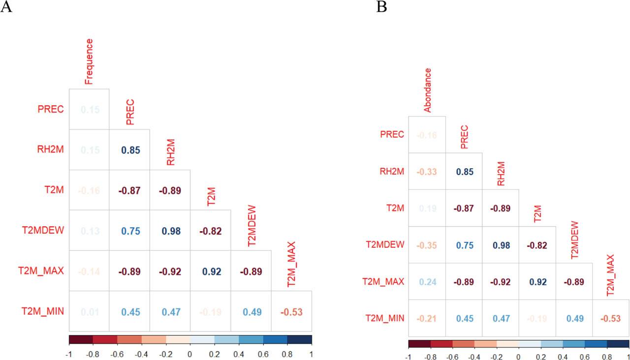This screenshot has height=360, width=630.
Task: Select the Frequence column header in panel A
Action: coord(89,61)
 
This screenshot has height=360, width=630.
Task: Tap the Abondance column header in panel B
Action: coord(428,90)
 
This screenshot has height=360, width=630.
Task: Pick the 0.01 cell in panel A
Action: coord(89,311)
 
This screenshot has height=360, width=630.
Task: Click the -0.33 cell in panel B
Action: coord(427,172)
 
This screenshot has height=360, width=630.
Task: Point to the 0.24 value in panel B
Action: coord(427,282)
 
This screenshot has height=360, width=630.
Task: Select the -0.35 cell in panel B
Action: coord(427,245)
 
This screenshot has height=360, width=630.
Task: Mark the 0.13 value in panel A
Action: coord(89,230)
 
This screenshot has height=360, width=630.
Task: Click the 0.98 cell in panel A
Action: coord(170,230)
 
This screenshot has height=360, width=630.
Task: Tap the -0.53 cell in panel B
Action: coord(611,318)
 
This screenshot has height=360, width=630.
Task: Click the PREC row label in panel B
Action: coord(392,134)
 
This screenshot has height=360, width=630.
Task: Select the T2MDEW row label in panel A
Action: coord(43,230)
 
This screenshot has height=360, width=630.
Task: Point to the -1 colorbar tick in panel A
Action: coord(69,353)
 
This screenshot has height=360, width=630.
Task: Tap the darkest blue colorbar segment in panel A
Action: coord(300,339)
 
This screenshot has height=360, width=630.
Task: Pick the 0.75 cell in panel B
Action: coord(464,245)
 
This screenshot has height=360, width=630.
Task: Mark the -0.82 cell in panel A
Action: coord(210,230)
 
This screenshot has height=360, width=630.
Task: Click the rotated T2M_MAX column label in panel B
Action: coord(611,275)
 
